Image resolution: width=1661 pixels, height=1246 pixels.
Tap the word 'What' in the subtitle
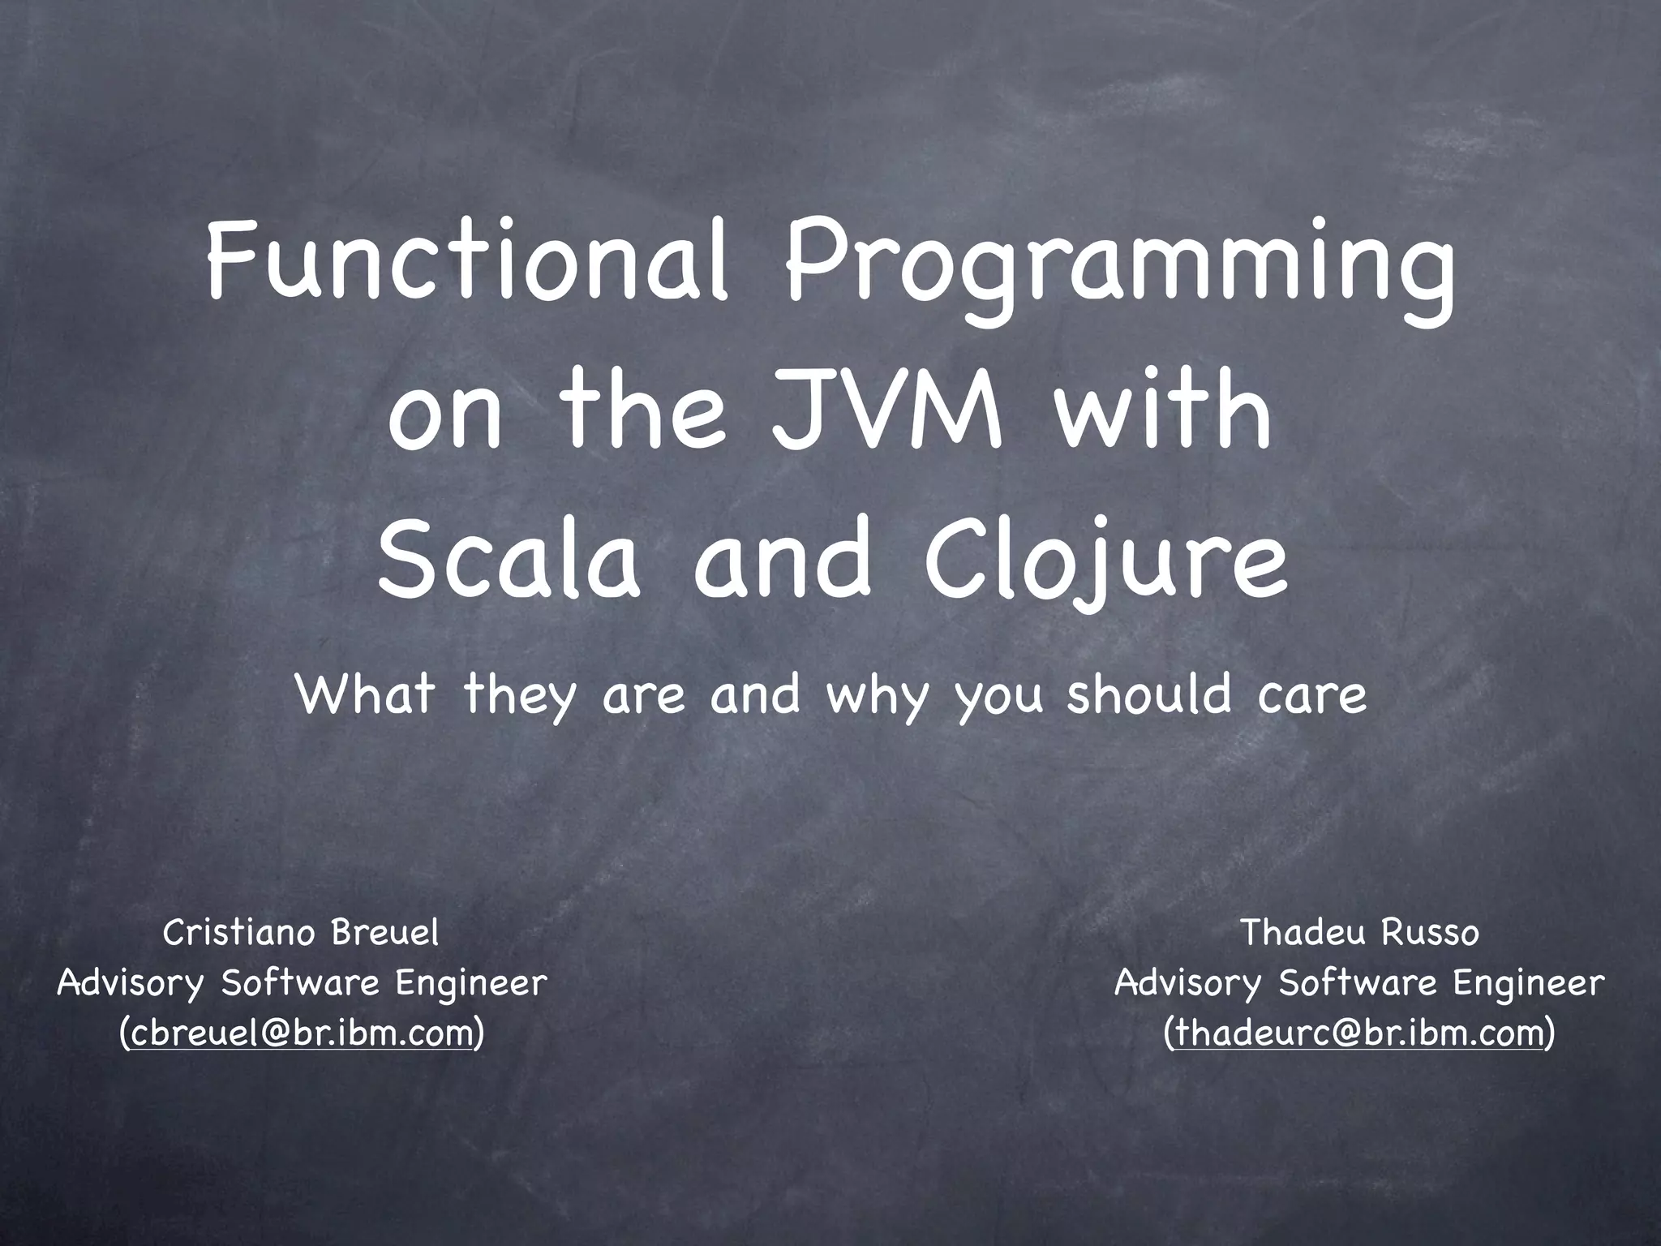pos(365,694)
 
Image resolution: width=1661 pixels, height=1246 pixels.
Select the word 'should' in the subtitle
pos(1148,694)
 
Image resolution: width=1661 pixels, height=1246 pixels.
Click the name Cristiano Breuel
pos(301,933)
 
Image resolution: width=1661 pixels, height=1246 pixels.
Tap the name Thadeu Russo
pos(1360,933)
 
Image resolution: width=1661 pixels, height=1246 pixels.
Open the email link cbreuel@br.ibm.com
pos(301,1033)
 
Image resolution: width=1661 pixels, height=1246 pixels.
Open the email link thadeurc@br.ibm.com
pos(1358,1033)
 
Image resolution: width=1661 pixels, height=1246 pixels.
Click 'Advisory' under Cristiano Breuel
pos(130,984)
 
